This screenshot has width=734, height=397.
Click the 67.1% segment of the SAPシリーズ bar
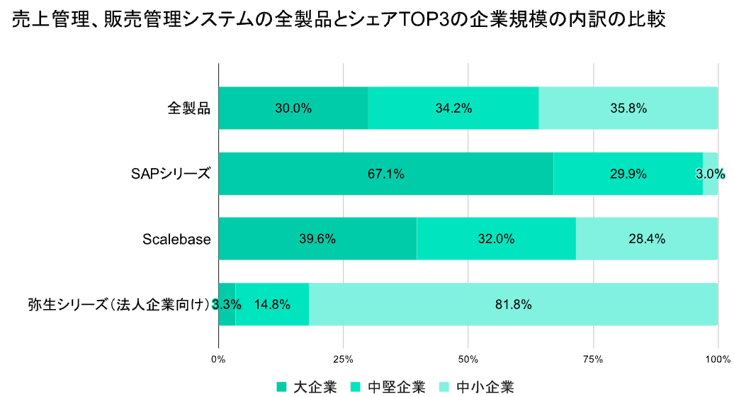385,174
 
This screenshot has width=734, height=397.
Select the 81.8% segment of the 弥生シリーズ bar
513,305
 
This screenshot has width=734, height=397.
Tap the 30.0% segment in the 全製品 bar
293,108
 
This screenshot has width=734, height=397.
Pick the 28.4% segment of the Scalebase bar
646,239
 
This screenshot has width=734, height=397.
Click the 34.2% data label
453,108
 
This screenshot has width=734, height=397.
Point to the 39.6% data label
317,239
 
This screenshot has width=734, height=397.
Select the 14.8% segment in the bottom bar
272,305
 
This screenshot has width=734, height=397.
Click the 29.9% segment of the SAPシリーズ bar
628,174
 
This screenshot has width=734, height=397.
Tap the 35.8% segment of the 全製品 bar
628,108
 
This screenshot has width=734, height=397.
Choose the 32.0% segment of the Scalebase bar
496,239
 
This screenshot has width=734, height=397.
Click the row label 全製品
189,108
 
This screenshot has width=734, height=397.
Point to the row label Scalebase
176,239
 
